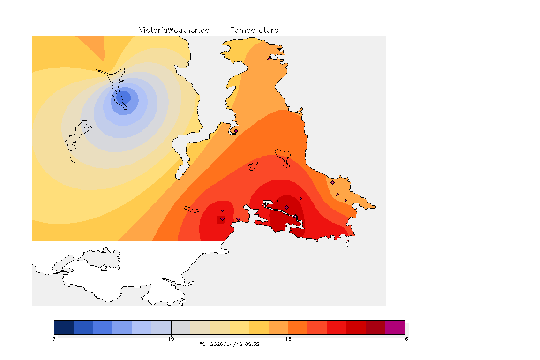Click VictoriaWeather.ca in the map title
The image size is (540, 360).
pyautogui.click(x=174, y=30)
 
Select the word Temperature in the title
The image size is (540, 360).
pyautogui.click(x=254, y=30)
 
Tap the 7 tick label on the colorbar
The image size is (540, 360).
pyautogui.click(x=54, y=338)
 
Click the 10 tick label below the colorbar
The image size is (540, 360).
pyautogui.click(x=171, y=338)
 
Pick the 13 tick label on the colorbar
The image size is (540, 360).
pyautogui.click(x=288, y=338)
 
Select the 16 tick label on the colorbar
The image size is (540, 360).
pyautogui.click(x=405, y=338)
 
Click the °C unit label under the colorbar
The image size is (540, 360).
pyautogui.click(x=202, y=344)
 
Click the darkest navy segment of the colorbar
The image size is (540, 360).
pyautogui.click(x=64, y=327)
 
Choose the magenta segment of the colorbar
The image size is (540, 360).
pyautogui.click(x=395, y=327)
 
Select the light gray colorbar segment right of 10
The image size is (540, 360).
pyautogui.click(x=181, y=327)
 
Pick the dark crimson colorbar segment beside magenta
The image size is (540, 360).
pyautogui.click(x=375, y=327)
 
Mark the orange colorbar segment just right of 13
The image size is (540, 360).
pyautogui.click(x=298, y=327)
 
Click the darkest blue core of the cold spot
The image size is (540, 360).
pyautogui.click(x=125, y=97)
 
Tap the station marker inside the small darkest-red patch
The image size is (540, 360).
pyautogui.click(x=222, y=218)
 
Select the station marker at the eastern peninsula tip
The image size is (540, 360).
pyautogui.click(x=374, y=207)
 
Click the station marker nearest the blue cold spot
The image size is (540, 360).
pyautogui.click(x=108, y=68)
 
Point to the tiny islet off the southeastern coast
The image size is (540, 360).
pyautogui.click(x=347, y=243)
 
